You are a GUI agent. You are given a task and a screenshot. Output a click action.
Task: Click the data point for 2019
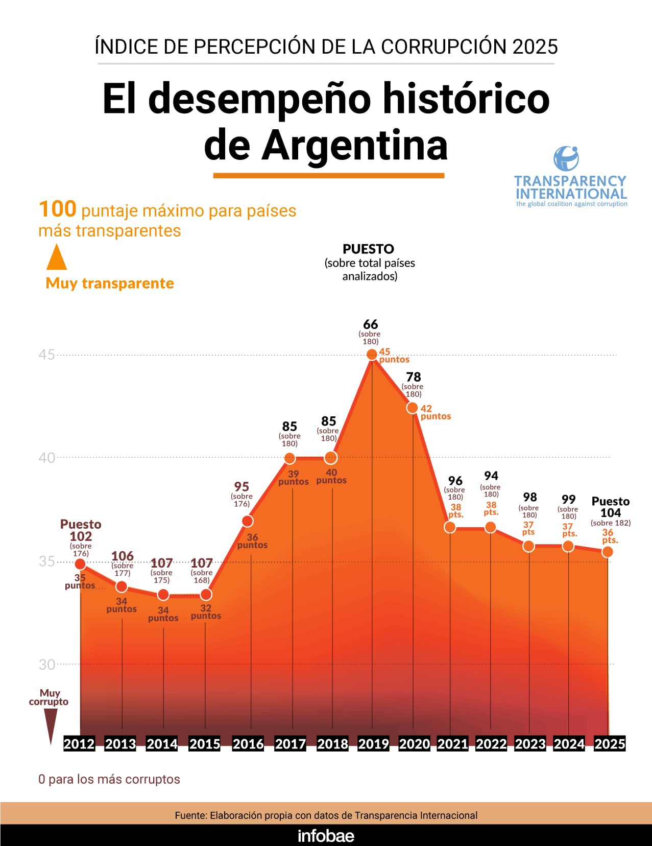[x=372, y=355]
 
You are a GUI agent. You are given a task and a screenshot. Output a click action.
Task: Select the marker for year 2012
[x=80, y=564]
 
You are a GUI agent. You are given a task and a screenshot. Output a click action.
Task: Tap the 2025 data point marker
[x=608, y=552]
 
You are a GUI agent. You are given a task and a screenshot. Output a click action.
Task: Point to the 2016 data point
[x=248, y=521]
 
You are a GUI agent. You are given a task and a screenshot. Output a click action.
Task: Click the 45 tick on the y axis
[x=46, y=355]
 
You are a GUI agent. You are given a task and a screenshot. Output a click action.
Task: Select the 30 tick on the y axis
[x=46, y=665]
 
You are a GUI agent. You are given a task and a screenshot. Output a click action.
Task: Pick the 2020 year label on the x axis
[x=414, y=744]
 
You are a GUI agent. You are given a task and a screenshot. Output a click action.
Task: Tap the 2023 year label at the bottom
[x=530, y=744]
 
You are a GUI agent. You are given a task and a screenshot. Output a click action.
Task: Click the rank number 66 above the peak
[x=371, y=324]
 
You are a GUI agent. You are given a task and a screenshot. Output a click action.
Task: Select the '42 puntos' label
[x=435, y=412]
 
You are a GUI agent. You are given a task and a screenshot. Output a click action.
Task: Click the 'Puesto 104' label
[x=611, y=507]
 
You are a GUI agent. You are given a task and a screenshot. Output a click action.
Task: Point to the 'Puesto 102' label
[x=81, y=530]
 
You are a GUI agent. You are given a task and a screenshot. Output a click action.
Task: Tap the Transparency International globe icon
[x=566, y=158]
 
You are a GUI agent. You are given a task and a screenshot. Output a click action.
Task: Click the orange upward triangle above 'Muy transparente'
[x=57, y=257]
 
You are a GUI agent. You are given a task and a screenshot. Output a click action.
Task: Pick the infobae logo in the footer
[x=326, y=836]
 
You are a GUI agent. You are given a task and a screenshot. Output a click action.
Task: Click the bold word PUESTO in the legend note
[x=368, y=249]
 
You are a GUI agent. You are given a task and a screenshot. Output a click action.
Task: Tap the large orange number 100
[x=57, y=209]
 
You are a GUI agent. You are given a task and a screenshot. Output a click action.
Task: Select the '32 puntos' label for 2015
[x=206, y=612]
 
